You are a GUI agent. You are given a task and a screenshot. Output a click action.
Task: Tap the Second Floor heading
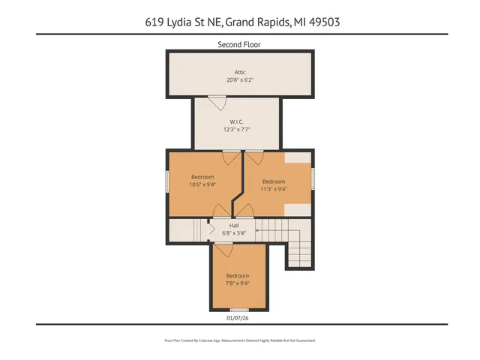click(239, 45)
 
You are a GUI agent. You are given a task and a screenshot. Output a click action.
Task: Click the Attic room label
click(239, 72)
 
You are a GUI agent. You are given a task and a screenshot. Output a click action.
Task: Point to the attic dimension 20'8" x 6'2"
click(239, 79)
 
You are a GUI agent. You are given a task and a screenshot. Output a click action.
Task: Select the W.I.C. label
click(236, 121)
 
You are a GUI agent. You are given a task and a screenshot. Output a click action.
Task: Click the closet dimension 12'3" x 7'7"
click(236, 129)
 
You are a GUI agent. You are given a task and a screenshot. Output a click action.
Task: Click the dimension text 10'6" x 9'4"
click(202, 184)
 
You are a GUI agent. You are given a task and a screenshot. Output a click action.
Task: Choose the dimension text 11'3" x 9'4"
click(274, 189)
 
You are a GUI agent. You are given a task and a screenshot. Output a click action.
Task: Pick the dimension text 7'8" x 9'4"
click(238, 283)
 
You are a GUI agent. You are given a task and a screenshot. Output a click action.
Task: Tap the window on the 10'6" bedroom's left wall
click(167, 181)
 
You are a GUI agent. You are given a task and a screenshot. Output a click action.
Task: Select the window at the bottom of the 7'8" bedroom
click(238, 310)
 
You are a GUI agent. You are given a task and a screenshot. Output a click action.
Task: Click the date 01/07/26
click(238, 317)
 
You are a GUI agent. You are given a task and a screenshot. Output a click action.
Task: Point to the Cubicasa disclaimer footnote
click(239, 340)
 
